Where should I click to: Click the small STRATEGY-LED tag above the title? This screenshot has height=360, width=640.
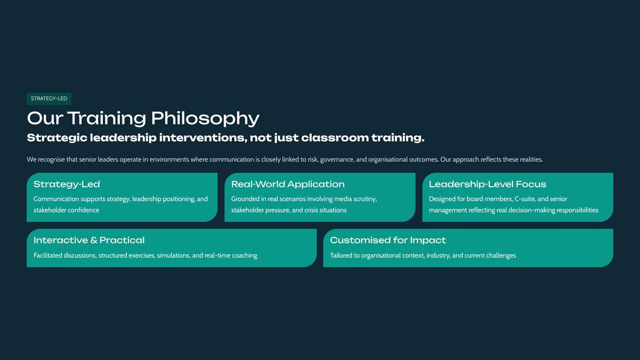(49, 99)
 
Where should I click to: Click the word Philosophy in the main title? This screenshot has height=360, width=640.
(205, 119)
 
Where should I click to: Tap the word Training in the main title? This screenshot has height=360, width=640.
(106, 119)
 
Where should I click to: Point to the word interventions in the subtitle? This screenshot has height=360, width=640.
(203, 138)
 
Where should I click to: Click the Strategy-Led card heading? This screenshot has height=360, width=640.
(67, 185)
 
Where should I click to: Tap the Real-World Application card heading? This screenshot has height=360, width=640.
(287, 185)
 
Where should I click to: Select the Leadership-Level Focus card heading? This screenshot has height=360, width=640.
(487, 185)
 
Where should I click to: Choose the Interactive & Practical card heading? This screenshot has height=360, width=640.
(89, 240)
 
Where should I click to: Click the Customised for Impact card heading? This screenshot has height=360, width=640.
(388, 240)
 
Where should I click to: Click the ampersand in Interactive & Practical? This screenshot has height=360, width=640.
(94, 240)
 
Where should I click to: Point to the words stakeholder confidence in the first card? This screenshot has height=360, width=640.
(66, 210)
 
